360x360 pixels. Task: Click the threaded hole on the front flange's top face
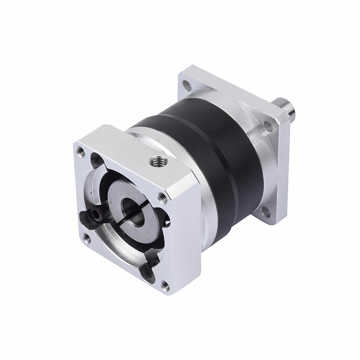[157, 161]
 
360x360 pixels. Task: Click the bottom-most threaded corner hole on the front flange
[165, 284]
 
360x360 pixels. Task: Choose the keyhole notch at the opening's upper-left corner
[96, 160]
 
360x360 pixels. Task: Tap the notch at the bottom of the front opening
[149, 272]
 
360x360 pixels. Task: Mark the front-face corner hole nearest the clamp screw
[87, 238]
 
